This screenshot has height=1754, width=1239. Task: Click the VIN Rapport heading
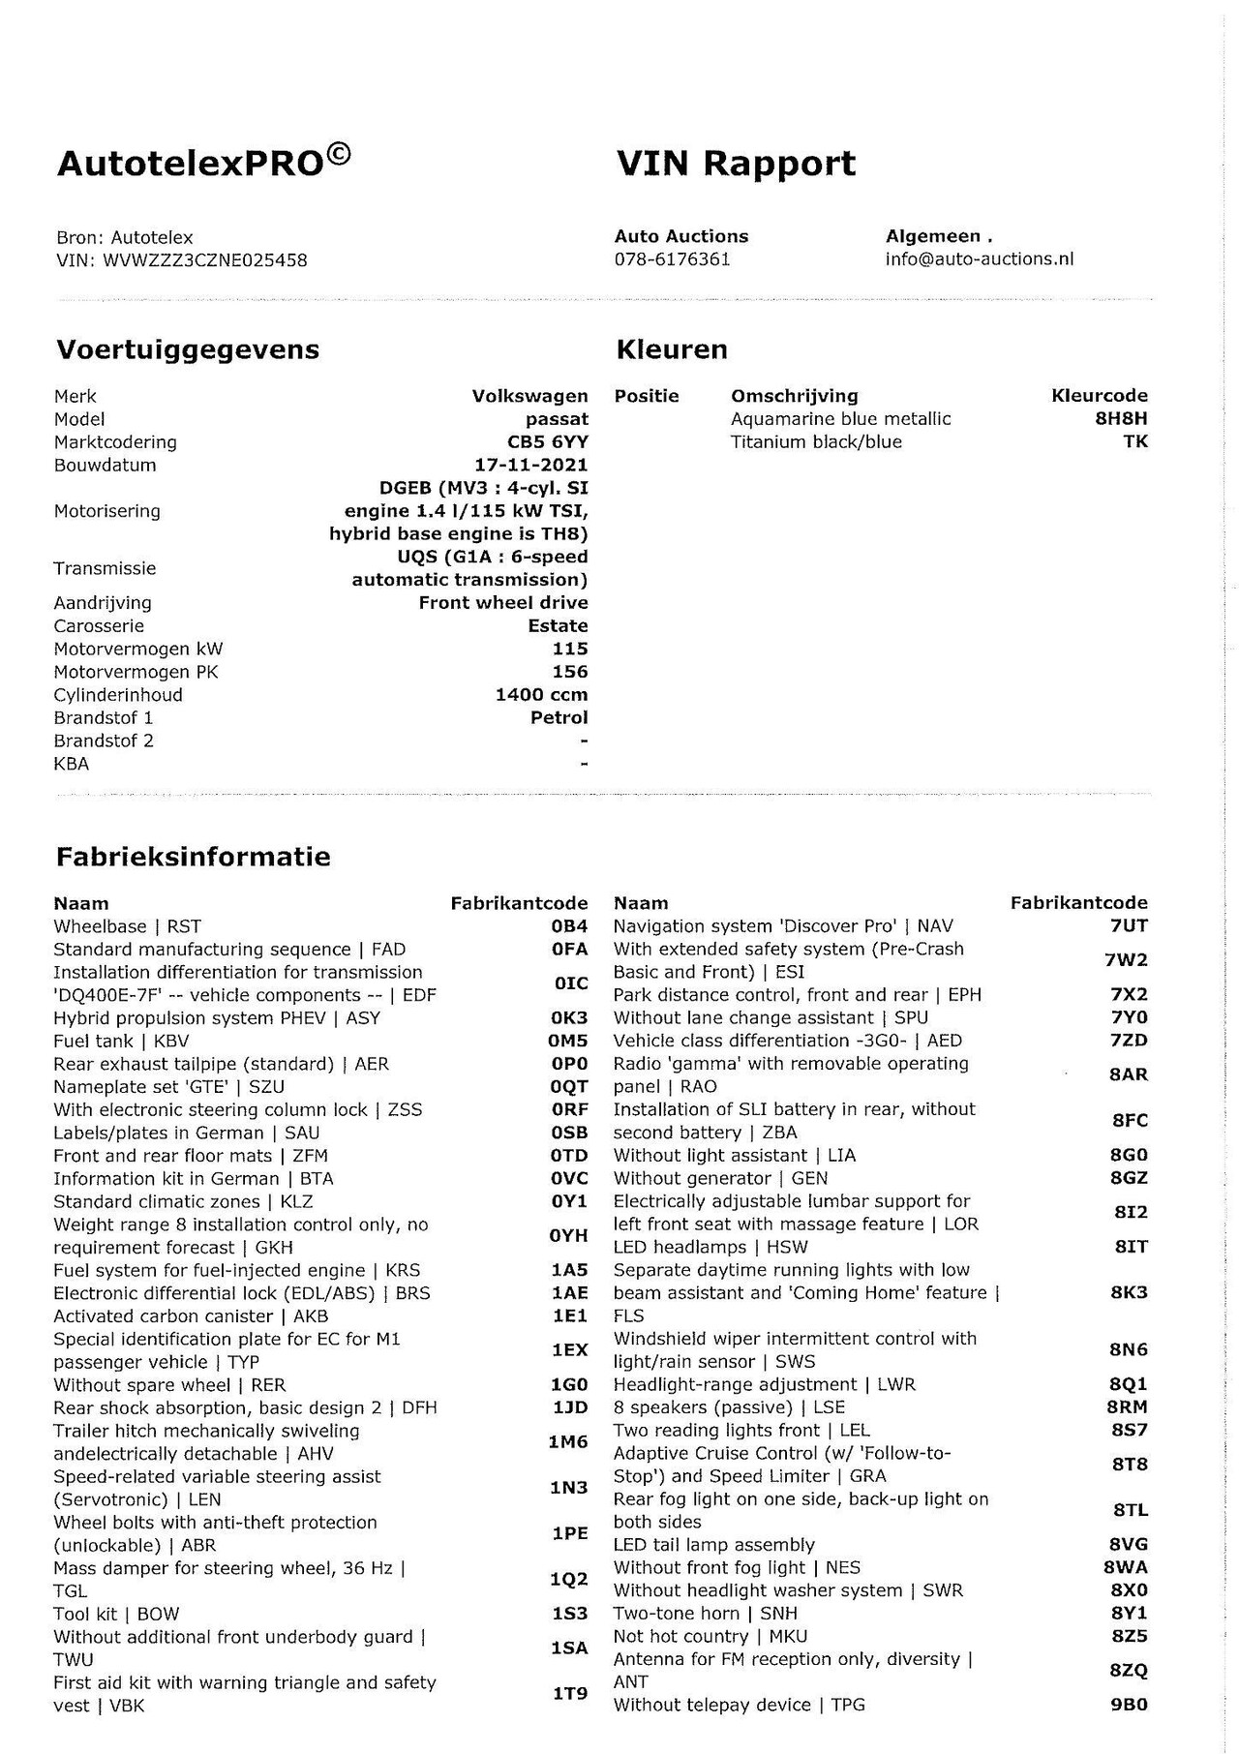click(736, 164)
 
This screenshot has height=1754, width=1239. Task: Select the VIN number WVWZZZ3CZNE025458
click(205, 259)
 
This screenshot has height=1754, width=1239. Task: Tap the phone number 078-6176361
click(672, 259)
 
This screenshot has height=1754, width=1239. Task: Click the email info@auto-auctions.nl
click(979, 259)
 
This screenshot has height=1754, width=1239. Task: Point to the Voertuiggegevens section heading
click(188, 349)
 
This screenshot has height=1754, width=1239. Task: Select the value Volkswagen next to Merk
click(529, 396)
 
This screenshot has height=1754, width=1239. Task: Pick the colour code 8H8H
click(1121, 419)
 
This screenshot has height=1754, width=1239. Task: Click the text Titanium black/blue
click(816, 442)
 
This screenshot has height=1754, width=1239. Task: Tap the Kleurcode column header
click(1099, 396)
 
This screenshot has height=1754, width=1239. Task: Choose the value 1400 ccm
click(541, 695)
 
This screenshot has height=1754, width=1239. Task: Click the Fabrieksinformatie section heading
click(194, 857)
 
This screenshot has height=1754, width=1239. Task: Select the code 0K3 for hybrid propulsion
click(569, 1018)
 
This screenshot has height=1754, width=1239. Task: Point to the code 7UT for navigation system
click(1129, 926)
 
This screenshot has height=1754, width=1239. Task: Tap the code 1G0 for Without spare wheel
click(569, 1385)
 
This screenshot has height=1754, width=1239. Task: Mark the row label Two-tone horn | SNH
click(706, 1614)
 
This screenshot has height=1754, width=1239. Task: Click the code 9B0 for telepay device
click(1129, 1705)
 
